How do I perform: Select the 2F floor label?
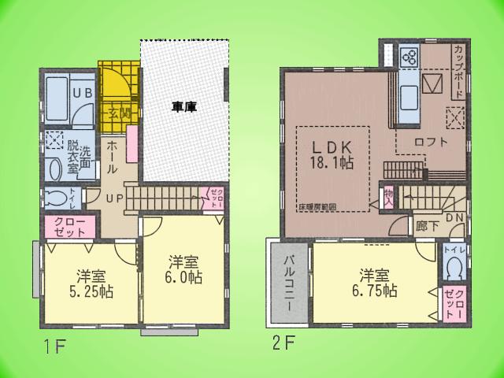click(x=284, y=343)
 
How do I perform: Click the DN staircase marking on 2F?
click(x=454, y=218)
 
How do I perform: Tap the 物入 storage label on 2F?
click(x=388, y=198)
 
